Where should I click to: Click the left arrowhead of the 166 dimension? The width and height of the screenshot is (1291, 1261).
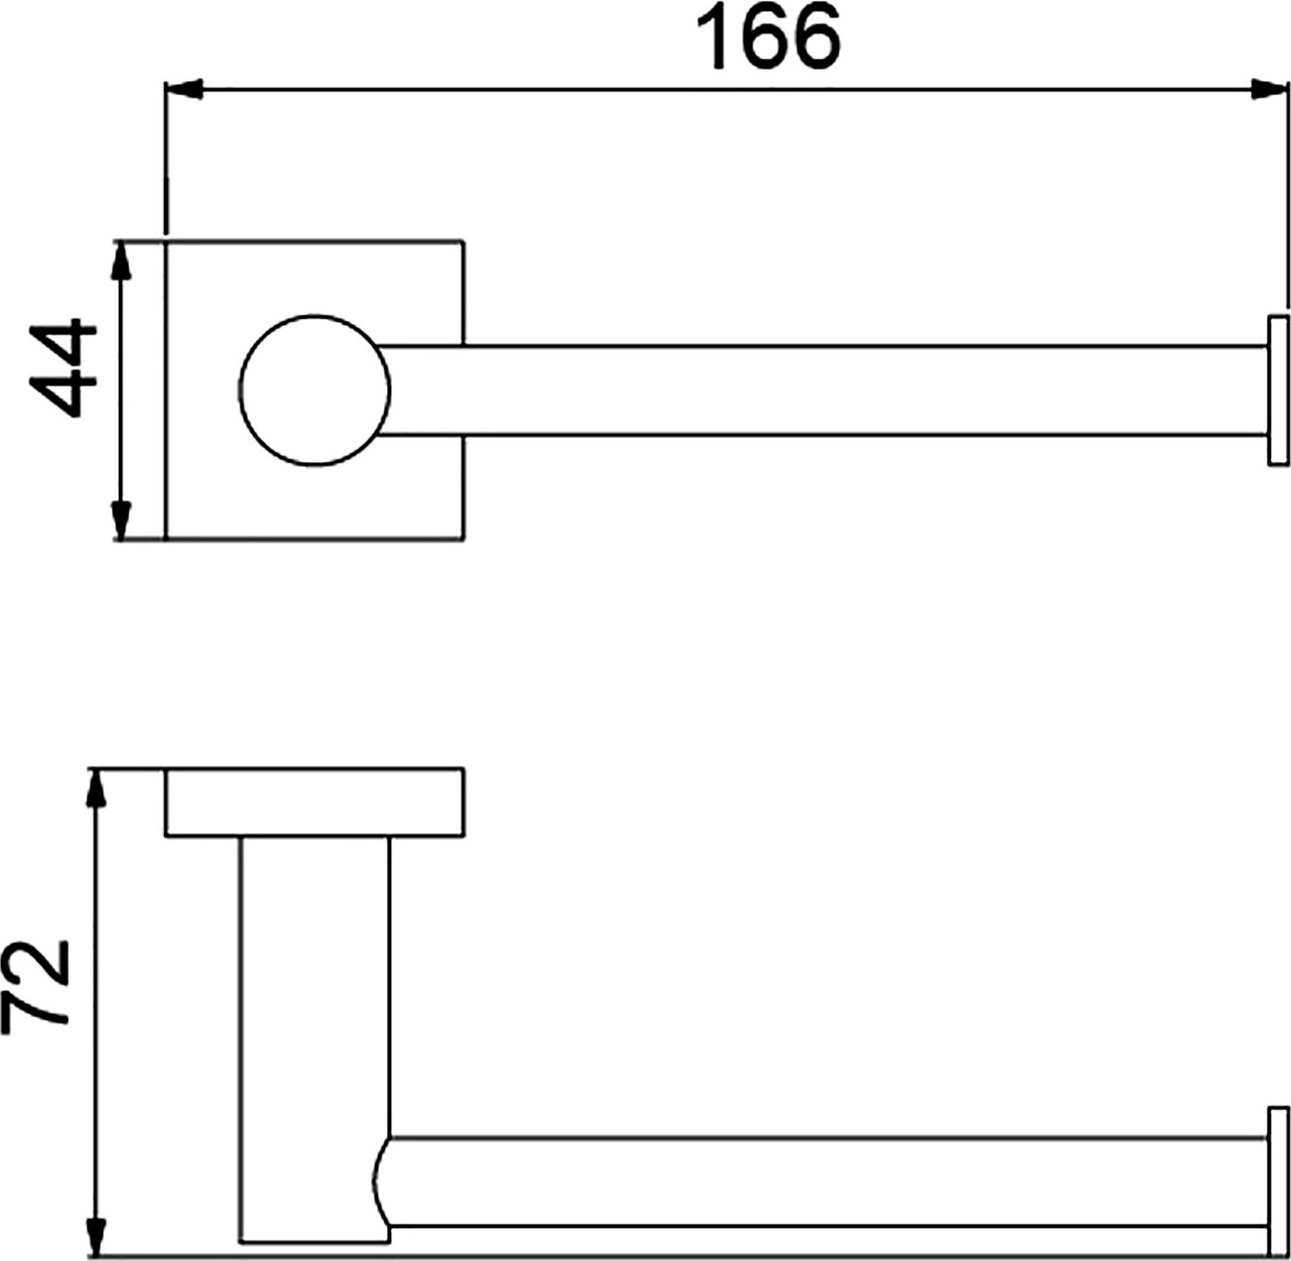click(183, 89)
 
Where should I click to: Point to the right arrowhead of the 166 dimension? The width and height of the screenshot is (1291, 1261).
click(1268, 89)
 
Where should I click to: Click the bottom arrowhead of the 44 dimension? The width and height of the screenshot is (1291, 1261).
click(120, 521)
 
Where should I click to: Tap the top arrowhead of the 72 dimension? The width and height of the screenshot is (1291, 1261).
click(97, 788)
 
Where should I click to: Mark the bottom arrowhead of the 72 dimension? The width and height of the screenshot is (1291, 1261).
click(97, 1237)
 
